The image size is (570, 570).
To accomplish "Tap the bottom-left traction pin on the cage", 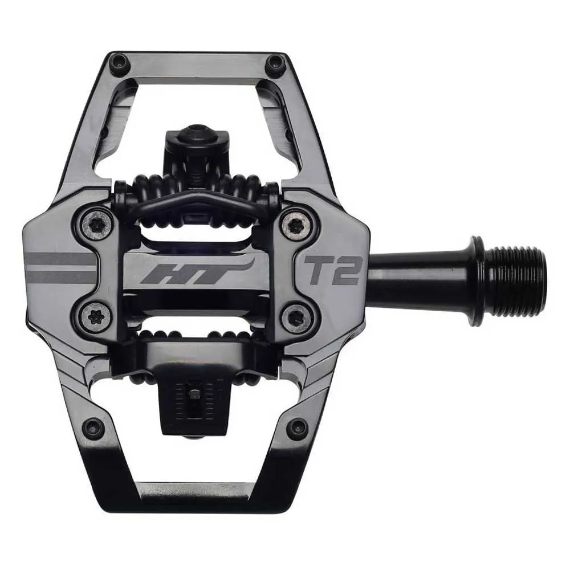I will coord(93,428).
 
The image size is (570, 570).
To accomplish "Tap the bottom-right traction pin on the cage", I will coord(297,429).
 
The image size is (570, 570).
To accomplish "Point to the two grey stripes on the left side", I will coord(60,268).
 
